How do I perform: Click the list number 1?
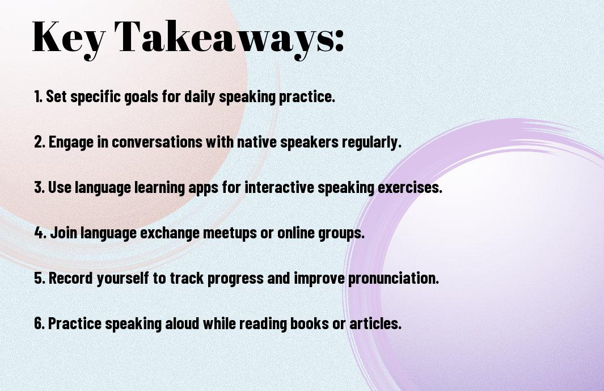point(38,96)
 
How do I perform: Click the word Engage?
point(71,142)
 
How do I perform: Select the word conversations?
point(157,142)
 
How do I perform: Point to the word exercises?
point(409,187)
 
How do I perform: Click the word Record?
point(71,278)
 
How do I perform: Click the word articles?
point(375,323)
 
